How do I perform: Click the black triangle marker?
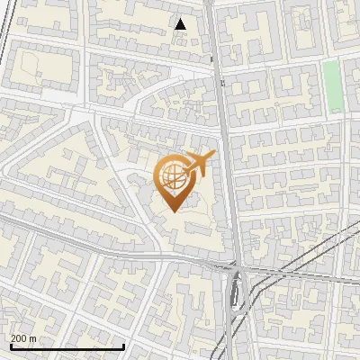[x=181, y=24]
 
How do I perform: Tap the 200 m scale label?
[x=23, y=338]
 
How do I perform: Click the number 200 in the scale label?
[x=19, y=338]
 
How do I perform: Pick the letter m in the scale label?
[x=33, y=338]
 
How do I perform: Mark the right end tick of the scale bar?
[x=123, y=345]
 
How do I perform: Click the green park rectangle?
[x=333, y=86]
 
